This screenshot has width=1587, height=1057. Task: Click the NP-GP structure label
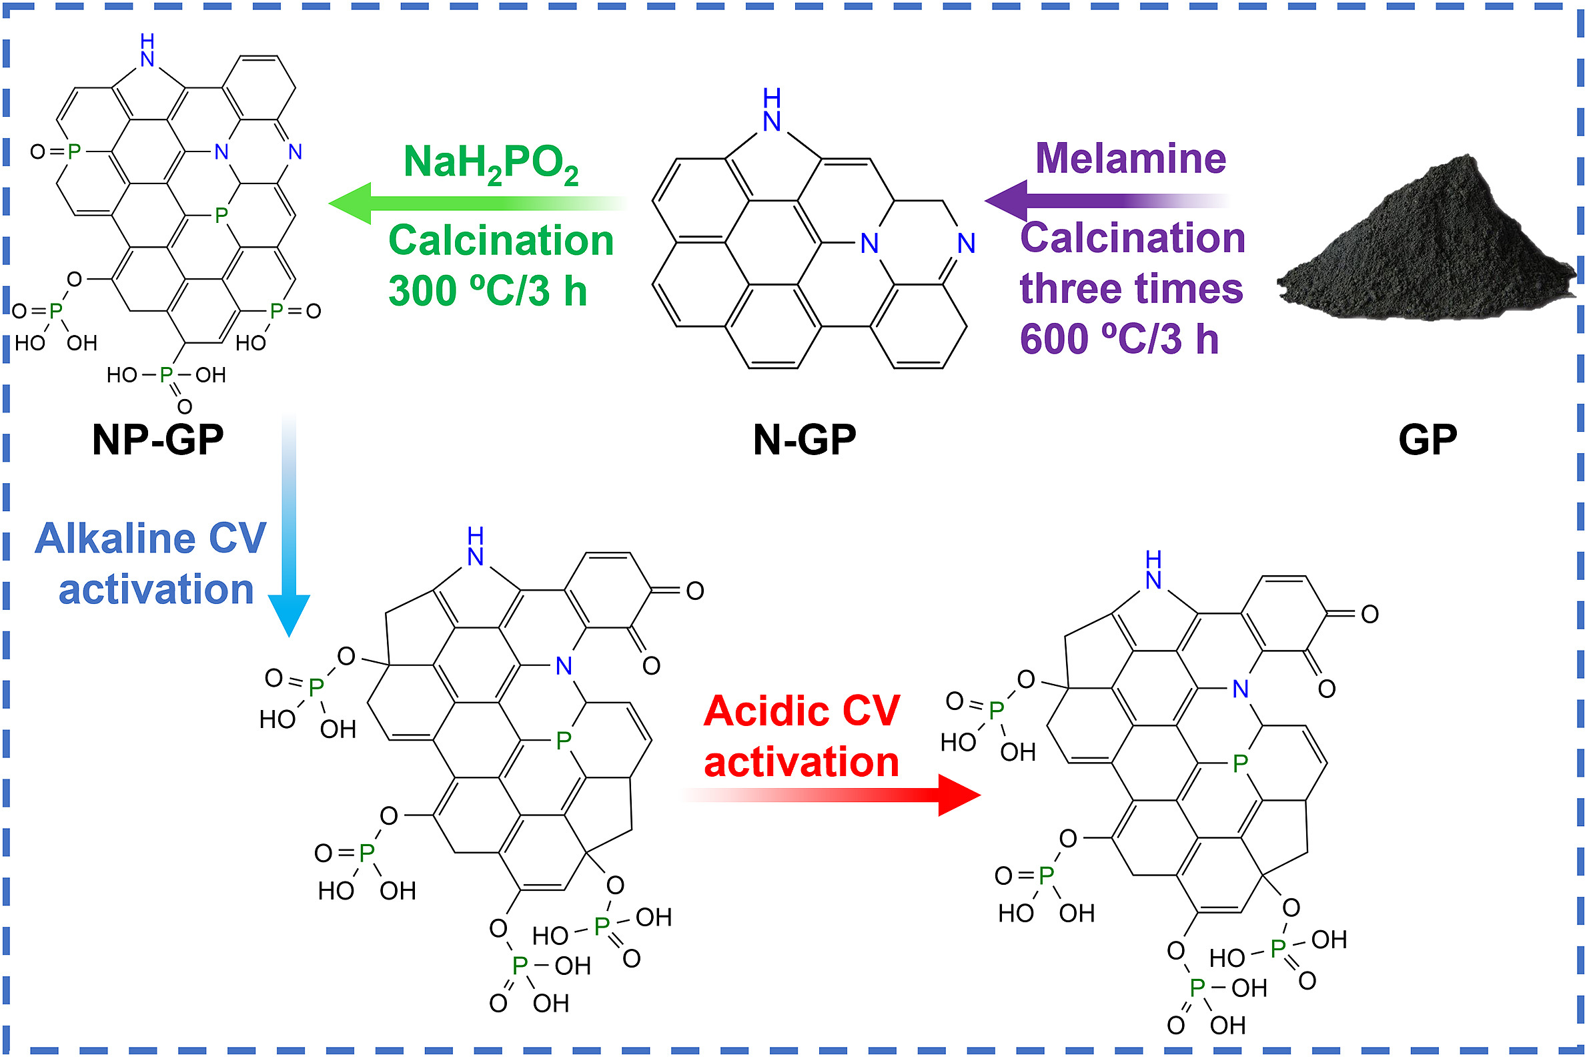click(x=157, y=440)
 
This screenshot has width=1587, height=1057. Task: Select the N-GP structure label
click(x=804, y=440)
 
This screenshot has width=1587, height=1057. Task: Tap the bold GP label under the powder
click(x=1428, y=440)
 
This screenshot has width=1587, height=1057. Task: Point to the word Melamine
click(x=1130, y=159)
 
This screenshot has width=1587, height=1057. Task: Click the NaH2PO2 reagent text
click(x=490, y=163)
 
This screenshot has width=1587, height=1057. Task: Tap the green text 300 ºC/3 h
click(x=487, y=291)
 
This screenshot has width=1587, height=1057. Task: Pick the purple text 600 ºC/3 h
click(x=1119, y=338)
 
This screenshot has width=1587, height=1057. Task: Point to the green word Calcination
click(x=501, y=241)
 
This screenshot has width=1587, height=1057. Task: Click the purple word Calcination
click(x=1132, y=238)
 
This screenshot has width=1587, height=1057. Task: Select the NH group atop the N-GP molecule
click(x=772, y=111)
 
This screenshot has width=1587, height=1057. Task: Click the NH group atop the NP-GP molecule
click(x=147, y=51)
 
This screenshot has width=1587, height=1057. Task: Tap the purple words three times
click(x=1131, y=288)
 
